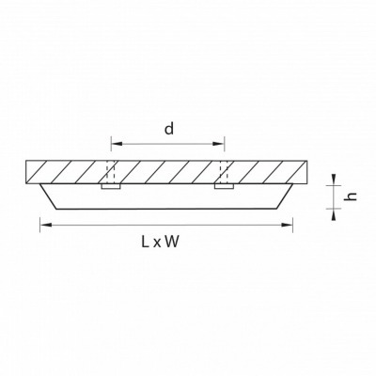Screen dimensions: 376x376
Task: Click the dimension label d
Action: click(169, 129)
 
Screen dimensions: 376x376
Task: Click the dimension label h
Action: click(352, 196)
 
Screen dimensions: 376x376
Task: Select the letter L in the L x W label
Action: click(145, 242)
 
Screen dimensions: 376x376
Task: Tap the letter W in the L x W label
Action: click(172, 242)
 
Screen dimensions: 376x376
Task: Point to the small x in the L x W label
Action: click(157, 243)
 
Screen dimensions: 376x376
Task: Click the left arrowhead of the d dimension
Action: click(117, 144)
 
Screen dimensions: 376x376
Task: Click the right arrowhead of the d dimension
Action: click(219, 144)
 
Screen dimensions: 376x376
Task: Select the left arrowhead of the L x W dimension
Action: click(46, 225)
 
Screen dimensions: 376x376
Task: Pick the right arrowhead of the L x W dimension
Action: click(287, 225)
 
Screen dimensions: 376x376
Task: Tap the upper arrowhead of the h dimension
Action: click(334, 180)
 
